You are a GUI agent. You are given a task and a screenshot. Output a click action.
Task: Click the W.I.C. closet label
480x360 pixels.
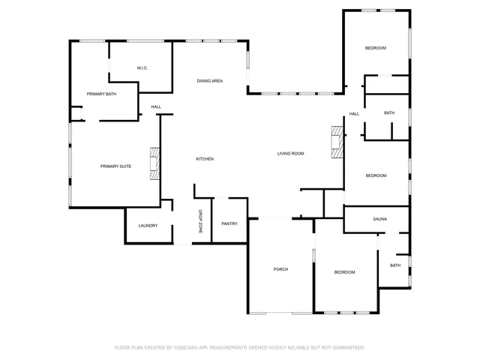(142, 68)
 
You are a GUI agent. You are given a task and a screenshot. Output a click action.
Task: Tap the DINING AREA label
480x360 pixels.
(209, 80)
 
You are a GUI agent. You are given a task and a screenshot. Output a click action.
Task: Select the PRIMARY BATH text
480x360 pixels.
(101, 94)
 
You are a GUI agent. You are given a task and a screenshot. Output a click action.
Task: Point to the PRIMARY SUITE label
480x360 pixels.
(116, 166)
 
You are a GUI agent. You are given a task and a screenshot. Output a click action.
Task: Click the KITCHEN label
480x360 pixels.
(205, 159)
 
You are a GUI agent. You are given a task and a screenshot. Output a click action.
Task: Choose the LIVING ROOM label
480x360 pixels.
(290, 154)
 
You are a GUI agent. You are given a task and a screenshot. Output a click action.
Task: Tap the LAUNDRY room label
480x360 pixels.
(148, 225)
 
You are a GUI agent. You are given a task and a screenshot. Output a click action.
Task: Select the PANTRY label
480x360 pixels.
(229, 223)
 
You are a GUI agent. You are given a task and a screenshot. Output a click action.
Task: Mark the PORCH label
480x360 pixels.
(280, 269)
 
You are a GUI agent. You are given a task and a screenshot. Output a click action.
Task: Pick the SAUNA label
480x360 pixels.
(379, 219)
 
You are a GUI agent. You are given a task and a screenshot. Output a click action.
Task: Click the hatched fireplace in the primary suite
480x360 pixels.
(154, 164)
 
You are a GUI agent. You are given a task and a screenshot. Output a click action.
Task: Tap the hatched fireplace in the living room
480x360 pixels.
(338, 141)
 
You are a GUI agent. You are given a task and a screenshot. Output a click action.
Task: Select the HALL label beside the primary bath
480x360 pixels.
(156, 106)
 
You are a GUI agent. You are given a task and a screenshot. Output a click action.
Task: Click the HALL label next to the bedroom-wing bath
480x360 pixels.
(354, 114)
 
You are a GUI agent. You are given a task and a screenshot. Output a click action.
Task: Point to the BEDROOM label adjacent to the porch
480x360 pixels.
(344, 271)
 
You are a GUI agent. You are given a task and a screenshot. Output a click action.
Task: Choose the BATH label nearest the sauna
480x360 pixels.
(394, 265)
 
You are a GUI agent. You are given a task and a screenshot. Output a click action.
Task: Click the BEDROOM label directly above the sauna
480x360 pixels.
(376, 175)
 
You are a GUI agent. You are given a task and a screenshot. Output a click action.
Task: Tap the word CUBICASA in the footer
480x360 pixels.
(190, 347)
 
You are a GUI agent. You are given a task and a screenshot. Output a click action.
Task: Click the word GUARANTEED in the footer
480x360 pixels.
(349, 347)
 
